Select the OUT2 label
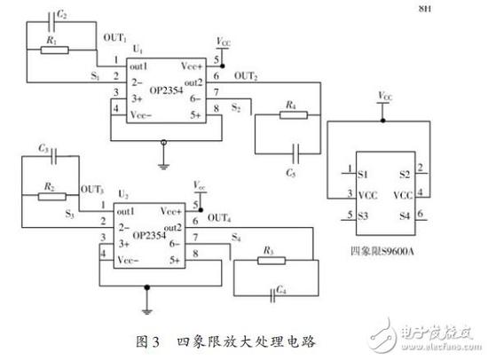click(x=247, y=75)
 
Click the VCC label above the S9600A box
click(x=383, y=95)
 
